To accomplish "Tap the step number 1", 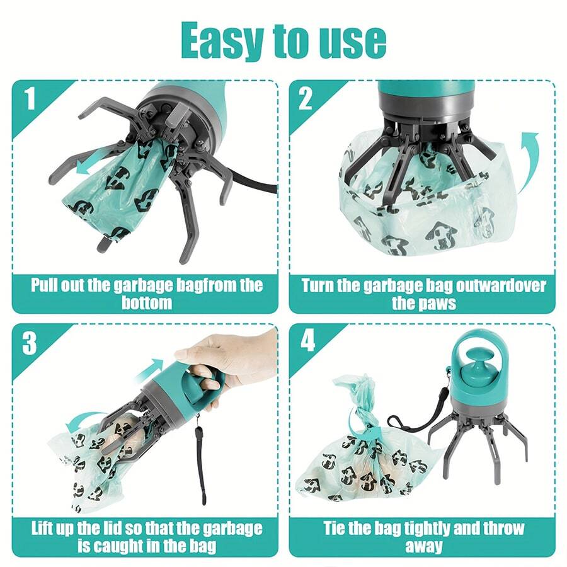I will (x=29, y=99).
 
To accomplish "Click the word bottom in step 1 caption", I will (x=146, y=303).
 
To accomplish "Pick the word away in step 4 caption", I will (x=423, y=546).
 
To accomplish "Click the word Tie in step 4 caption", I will (x=337, y=528).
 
